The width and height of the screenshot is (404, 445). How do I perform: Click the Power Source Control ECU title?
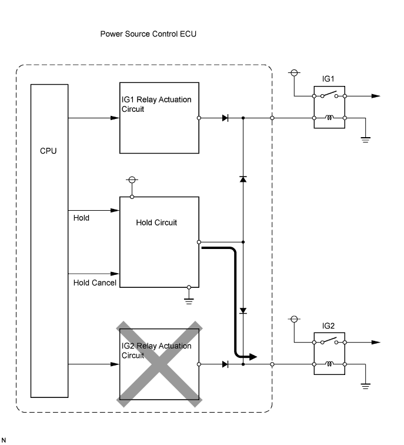click(x=148, y=34)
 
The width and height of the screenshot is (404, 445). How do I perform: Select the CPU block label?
click(x=48, y=151)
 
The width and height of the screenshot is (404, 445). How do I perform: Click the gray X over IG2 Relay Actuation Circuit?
click(x=160, y=363)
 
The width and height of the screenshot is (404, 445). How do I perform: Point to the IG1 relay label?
click(x=328, y=78)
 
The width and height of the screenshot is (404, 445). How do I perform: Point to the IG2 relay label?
click(x=328, y=325)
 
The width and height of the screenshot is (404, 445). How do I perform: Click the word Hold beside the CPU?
click(x=81, y=218)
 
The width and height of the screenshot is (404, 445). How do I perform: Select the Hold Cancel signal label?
click(x=95, y=283)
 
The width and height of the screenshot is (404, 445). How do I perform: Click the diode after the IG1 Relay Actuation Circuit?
click(x=225, y=118)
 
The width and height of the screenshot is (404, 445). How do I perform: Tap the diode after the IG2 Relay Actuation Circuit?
click(x=225, y=365)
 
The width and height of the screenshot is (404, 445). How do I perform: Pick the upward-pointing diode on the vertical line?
click(x=243, y=178)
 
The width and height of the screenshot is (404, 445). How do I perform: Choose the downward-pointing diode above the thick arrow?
click(x=243, y=310)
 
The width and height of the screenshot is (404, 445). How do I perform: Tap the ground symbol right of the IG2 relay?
click(x=365, y=386)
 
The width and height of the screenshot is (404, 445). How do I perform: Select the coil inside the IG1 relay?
click(x=330, y=118)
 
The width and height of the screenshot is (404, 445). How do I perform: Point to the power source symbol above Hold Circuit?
click(x=132, y=180)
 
